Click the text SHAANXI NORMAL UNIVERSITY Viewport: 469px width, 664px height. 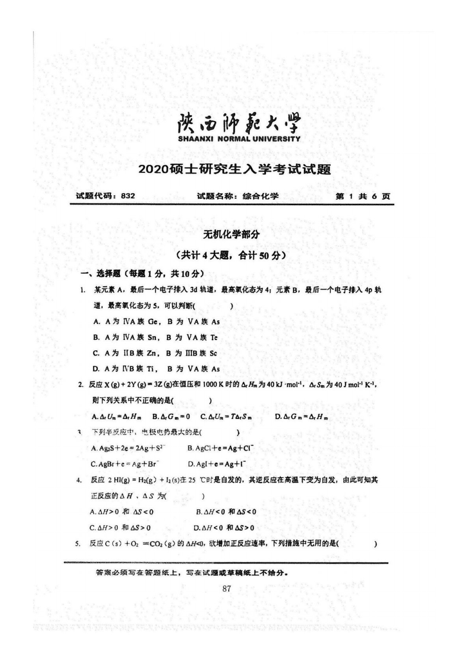coord(238,139)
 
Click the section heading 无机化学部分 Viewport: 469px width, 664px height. coord(231,234)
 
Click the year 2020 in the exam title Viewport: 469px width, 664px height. coord(153,170)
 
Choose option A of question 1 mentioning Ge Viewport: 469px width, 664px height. coord(156,322)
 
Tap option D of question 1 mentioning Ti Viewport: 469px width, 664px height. coord(156,369)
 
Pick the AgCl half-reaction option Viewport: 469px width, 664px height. coord(220,448)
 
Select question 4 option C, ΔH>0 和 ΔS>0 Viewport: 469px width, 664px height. coord(121,527)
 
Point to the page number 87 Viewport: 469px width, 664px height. coord(226,589)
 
